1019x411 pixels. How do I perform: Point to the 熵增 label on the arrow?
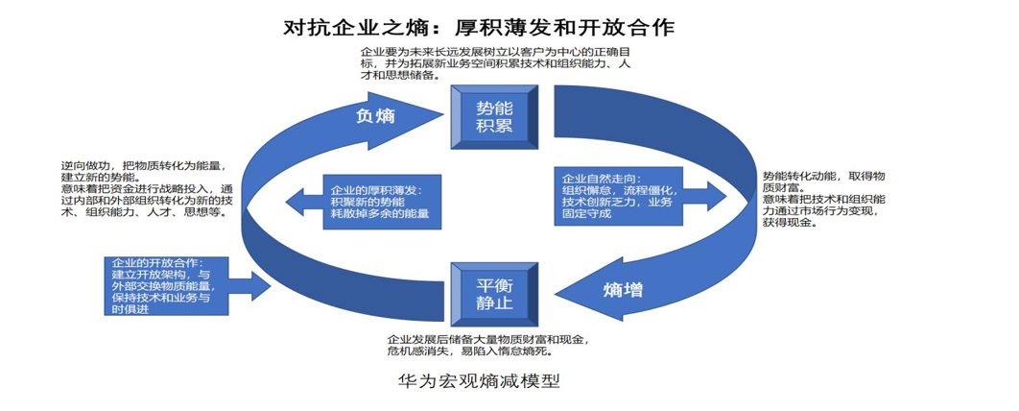624,290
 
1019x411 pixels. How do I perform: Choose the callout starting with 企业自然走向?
619,196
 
